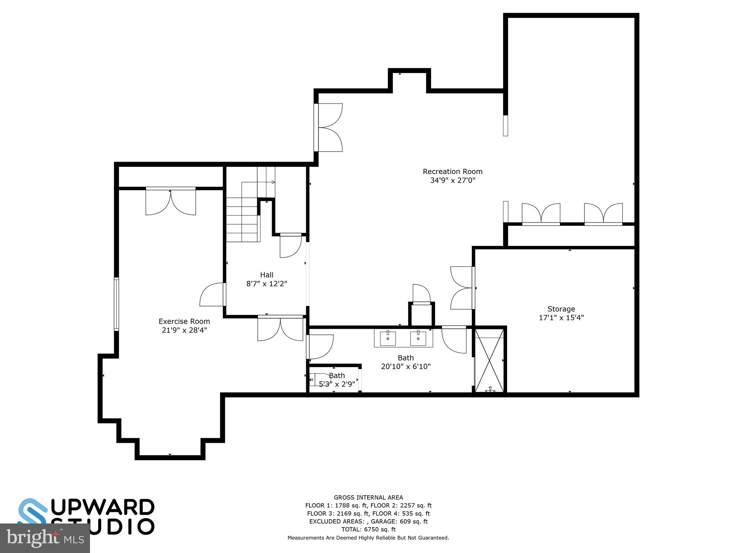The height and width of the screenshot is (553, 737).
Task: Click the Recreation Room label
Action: [452, 172]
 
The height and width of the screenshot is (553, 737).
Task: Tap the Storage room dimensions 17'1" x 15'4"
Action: [561, 318]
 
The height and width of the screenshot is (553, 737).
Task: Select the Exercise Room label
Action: [184, 322]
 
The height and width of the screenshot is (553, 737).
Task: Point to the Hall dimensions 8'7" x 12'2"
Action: [267, 284]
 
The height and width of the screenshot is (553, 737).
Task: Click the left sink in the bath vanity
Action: [388, 338]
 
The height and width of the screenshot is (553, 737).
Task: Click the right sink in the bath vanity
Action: [418, 338]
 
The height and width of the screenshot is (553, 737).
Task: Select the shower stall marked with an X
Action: [489, 360]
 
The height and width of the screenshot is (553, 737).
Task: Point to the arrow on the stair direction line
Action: [273, 182]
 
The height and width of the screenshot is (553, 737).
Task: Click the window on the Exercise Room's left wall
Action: [116, 304]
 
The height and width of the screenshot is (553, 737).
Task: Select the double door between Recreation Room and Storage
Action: [462, 288]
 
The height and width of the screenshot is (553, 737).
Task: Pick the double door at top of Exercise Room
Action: [171, 202]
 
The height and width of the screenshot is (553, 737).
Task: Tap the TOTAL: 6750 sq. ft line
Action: [368, 529]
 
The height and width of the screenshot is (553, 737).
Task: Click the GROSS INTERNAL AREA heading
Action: [368, 498]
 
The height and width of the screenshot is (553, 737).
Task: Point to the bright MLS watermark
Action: [45, 538]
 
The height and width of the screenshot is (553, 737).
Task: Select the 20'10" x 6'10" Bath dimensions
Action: [406, 367]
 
